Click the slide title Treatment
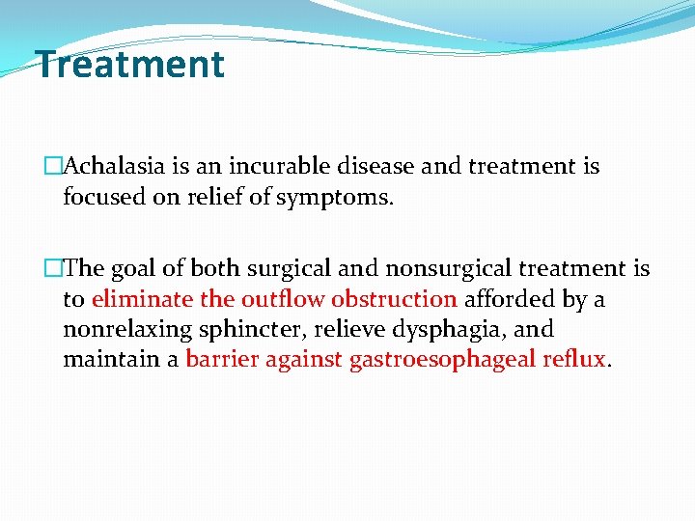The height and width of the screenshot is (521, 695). click(x=130, y=65)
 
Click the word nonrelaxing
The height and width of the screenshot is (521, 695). click(x=128, y=330)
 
